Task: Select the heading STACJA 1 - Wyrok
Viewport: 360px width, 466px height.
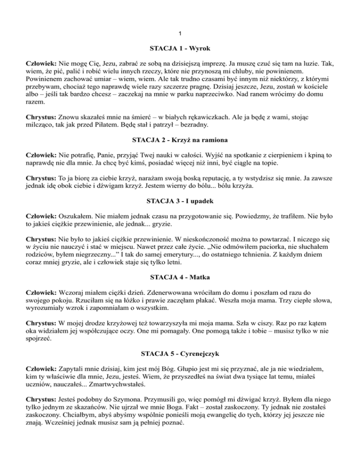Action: [180, 48]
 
